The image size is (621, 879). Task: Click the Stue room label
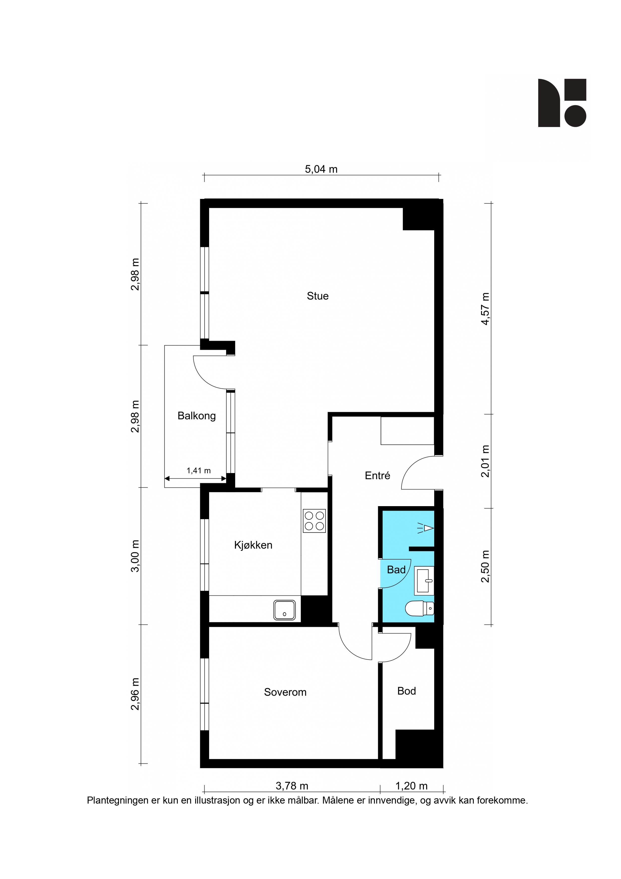point(318,296)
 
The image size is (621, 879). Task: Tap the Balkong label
point(197,416)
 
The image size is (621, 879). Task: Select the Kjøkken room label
point(253,545)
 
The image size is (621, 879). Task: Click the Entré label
point(378,476)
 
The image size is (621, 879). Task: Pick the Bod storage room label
point(406,691)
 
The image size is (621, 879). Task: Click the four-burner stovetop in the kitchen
point(314,521)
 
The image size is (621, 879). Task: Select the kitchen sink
point(284,610)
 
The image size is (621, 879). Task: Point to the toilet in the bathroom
point(420,608)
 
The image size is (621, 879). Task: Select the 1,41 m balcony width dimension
point(199,471)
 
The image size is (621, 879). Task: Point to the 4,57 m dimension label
point(485,309)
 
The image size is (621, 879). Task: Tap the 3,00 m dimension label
point(135,556)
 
